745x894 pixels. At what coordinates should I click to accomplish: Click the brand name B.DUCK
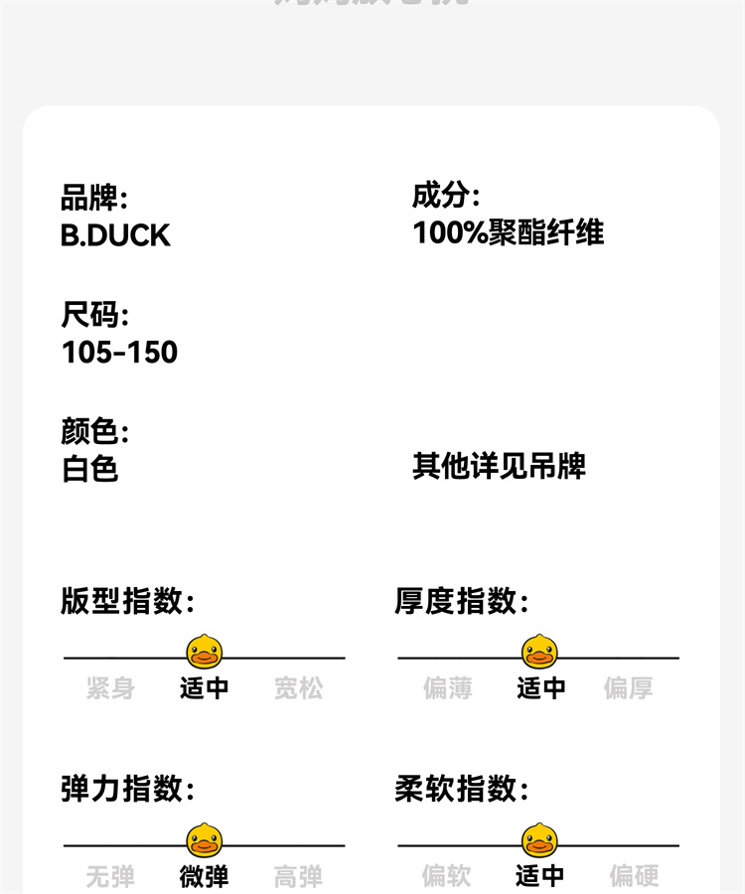pos(115,235)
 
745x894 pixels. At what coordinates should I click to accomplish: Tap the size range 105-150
pos(119,352)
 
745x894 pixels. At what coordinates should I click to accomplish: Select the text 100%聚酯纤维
pos(508,232)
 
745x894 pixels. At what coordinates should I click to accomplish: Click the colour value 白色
pos(90,468)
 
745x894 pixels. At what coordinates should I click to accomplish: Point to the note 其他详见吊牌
pos(499,466)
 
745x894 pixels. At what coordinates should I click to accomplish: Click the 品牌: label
pos(94,198)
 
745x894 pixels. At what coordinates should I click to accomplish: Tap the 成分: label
pos(446,196)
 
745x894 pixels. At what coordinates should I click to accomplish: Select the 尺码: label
pos(94,316)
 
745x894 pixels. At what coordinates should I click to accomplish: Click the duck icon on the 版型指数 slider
pos(205,652)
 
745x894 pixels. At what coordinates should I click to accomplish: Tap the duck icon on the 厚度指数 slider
pos(539,652)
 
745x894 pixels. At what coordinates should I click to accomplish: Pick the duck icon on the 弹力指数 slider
pos(205,840)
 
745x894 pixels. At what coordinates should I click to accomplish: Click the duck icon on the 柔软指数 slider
pos(539,840)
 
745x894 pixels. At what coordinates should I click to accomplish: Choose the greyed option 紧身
pos(110,687)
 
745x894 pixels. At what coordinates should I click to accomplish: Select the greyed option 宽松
pos(299,687)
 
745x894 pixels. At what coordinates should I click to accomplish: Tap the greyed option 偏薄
pos(448,687)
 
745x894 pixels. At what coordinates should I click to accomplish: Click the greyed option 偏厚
pos(629,687)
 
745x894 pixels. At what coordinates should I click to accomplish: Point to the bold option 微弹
pos(205,876)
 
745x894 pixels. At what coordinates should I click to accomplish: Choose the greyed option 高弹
pos(299,876)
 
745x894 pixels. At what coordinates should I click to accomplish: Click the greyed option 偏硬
pos(634,875)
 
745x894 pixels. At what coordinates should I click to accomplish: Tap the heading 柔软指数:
pos(462,790)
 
